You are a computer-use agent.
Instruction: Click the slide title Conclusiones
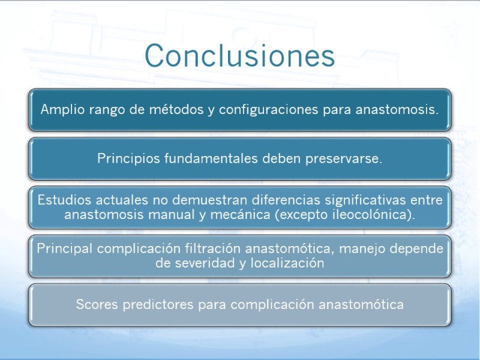239,55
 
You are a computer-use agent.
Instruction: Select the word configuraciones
268,110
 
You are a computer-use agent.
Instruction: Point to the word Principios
128,159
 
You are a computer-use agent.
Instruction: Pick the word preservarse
344,159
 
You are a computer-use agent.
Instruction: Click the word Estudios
64,200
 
